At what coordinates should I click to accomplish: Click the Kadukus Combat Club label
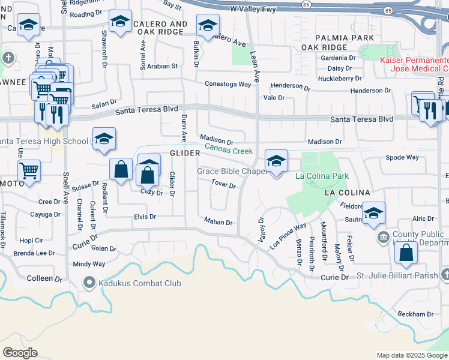pos(131,282)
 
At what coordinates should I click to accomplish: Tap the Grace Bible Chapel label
pos(231,172)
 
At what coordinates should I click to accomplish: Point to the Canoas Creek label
pos(228,151)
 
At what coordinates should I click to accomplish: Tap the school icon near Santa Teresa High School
pos(104,139)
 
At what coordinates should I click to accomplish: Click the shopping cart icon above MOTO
pos(29,170)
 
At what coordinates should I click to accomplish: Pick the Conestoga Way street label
pos(228,85)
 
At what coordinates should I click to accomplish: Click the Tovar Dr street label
pos(223,186)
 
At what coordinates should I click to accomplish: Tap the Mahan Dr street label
pos(218,222)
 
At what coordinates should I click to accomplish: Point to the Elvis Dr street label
pos(145,217)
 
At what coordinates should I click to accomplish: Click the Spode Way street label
pos(402,157)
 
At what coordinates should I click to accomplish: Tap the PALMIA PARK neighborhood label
pos(334,37)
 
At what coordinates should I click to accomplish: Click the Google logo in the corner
pos(20,353)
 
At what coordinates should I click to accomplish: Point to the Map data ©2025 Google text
pos(412,355)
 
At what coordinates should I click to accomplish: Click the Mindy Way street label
pos(89,264)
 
